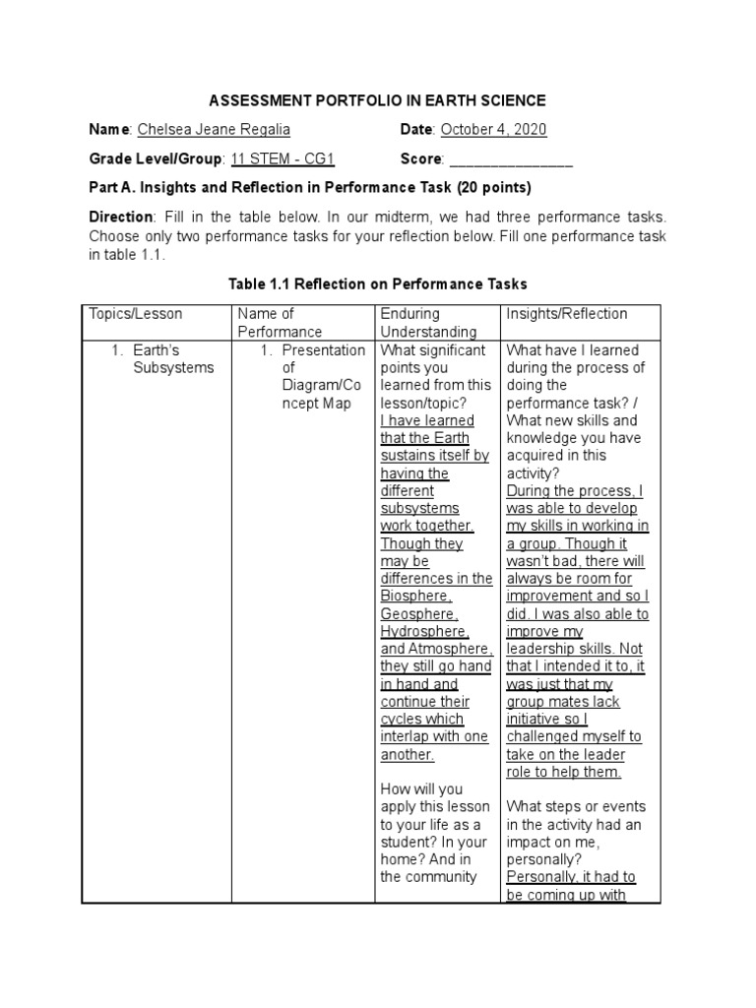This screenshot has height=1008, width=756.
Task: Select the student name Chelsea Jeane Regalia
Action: point(214,130)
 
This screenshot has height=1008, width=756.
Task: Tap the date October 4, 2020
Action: point(493,130)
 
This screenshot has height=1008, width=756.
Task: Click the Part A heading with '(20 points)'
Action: point(310,187)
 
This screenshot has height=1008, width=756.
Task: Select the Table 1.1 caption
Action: point(378,283)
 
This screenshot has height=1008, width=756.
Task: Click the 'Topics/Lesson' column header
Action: point(136,314)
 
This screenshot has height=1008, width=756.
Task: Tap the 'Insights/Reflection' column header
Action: point(566,314)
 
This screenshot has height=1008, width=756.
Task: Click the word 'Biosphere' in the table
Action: point(415,597)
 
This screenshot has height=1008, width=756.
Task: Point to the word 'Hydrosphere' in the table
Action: point(424,632)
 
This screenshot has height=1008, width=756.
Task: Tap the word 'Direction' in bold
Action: point(121,217)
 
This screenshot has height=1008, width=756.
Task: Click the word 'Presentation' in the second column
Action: point(323,350)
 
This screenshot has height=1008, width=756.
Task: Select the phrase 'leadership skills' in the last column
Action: point(559,650)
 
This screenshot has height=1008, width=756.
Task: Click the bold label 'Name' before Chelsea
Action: point(109,130)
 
